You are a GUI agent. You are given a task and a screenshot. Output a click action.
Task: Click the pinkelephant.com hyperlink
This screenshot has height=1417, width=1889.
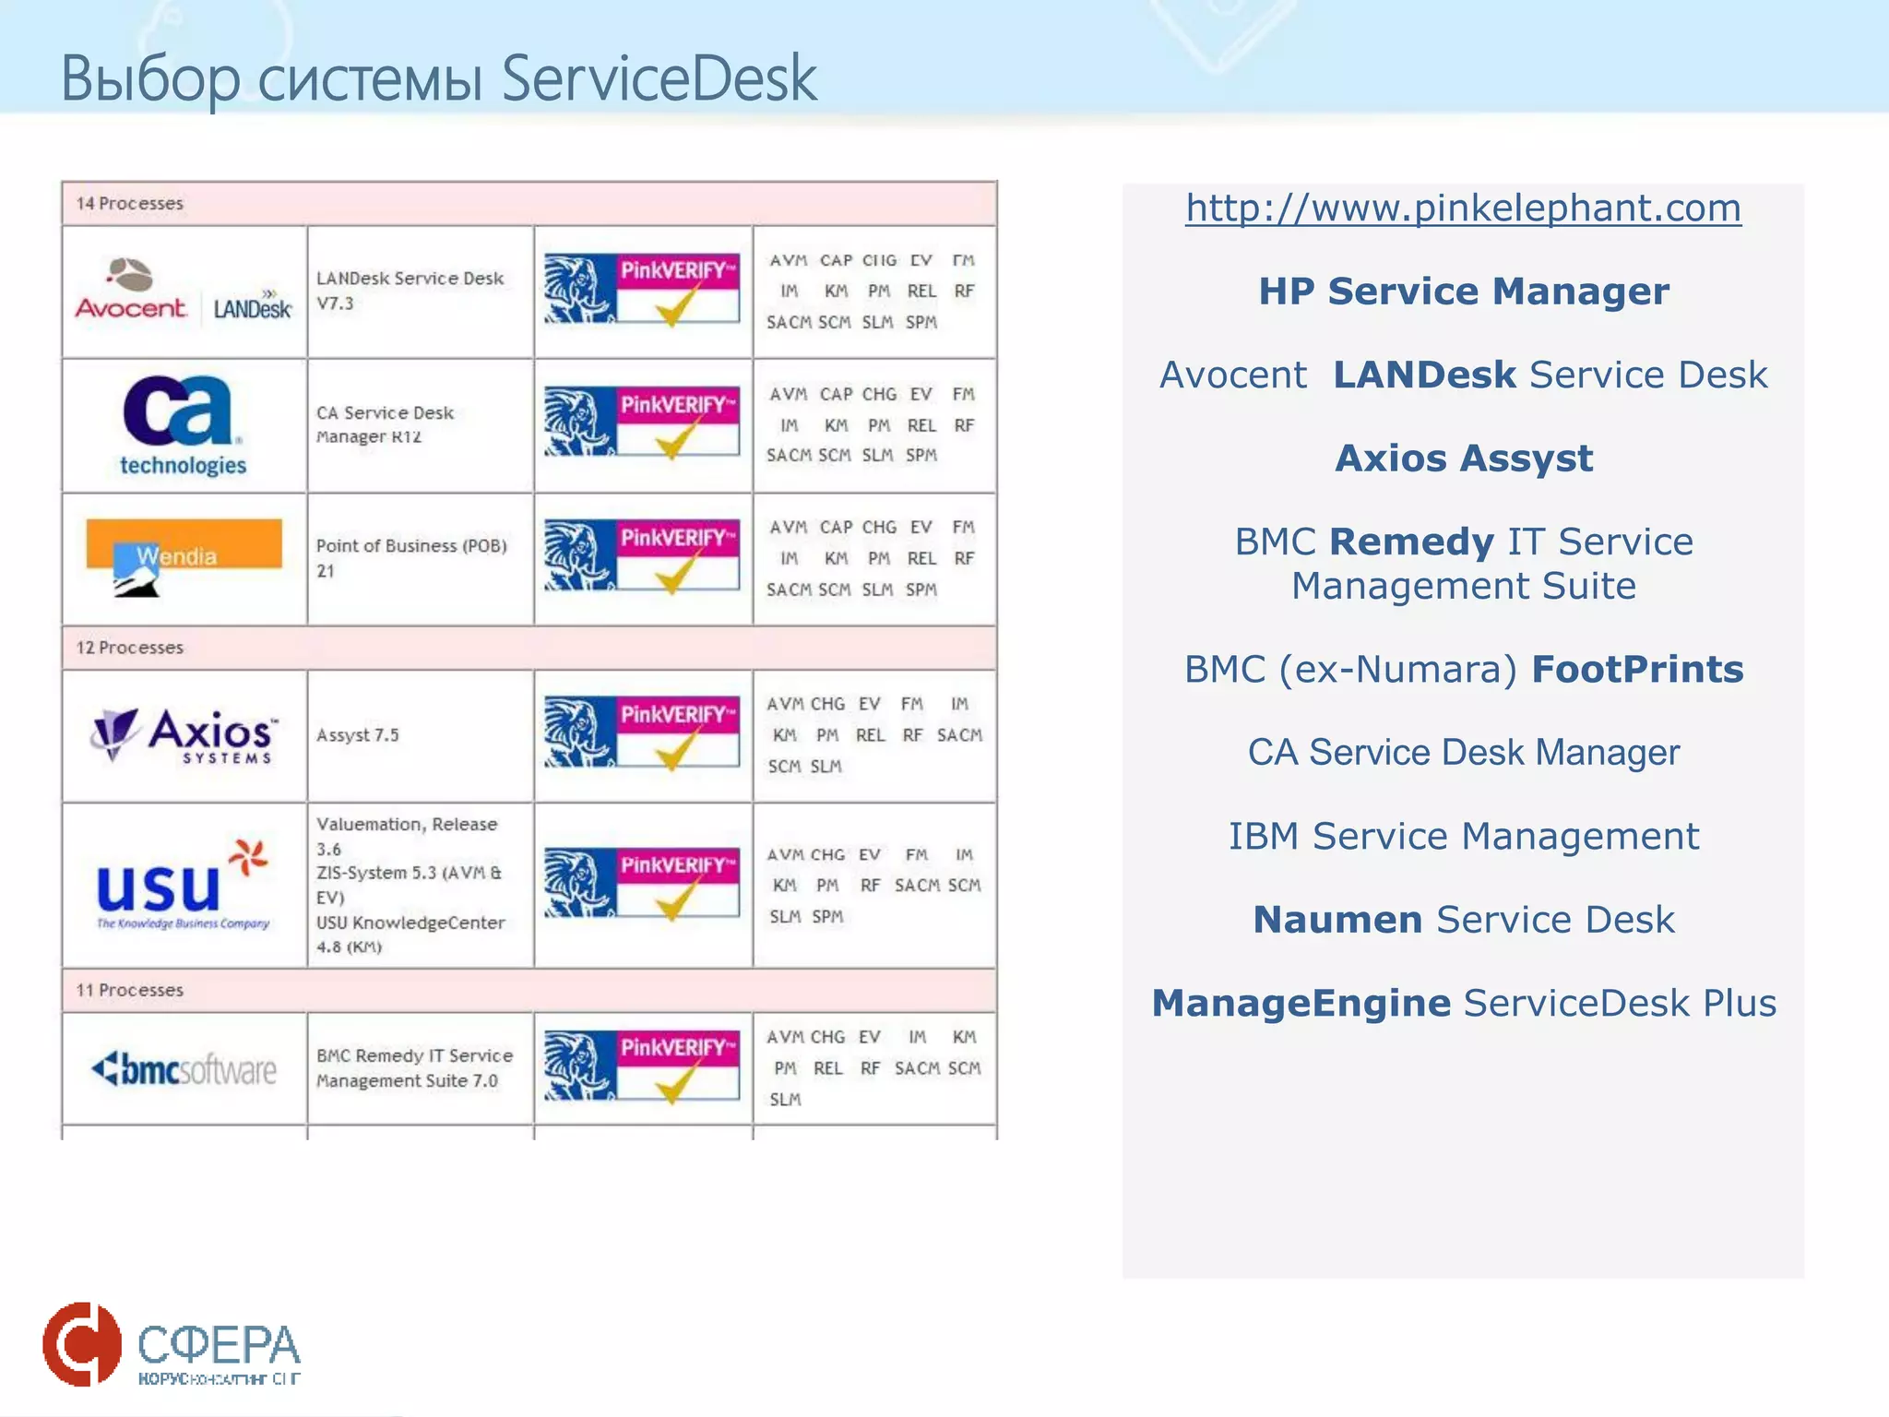(1463, 208)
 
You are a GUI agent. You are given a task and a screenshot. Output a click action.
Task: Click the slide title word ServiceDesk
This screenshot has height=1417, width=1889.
(659, 79)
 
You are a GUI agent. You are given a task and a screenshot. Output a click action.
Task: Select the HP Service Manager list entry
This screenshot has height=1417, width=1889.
(1464, 292)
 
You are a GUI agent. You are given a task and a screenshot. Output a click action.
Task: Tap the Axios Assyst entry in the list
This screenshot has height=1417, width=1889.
(1464, 458)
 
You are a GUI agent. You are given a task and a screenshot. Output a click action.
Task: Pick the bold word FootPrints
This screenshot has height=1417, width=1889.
(1637, 670)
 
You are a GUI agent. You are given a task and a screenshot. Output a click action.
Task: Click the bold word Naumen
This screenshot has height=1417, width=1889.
(1337, 920)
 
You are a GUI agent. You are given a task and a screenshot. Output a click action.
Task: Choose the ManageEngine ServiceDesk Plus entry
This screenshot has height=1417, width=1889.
(1464, 1004)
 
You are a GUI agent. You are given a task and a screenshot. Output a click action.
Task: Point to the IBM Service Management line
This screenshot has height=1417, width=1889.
(1464, 837)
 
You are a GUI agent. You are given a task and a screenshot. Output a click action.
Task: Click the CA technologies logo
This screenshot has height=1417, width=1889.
(183, 425)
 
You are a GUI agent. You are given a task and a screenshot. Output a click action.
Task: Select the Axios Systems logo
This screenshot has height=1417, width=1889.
(184, 735)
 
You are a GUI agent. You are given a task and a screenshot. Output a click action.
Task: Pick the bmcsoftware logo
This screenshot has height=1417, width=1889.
(184, 1069)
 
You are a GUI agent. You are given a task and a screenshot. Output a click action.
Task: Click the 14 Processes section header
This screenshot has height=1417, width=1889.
(130, 203)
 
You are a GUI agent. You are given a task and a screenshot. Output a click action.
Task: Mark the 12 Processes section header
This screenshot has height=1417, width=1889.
(130, 648)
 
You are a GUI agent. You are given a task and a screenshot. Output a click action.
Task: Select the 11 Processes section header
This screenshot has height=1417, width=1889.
(130, 990)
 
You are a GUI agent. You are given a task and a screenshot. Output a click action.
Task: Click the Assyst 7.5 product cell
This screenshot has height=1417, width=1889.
(358, 735)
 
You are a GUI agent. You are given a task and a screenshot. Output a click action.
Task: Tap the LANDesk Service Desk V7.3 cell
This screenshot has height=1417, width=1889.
(410, 291)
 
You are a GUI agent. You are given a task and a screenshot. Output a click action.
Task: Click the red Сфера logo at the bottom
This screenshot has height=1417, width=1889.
(82, 1344)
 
